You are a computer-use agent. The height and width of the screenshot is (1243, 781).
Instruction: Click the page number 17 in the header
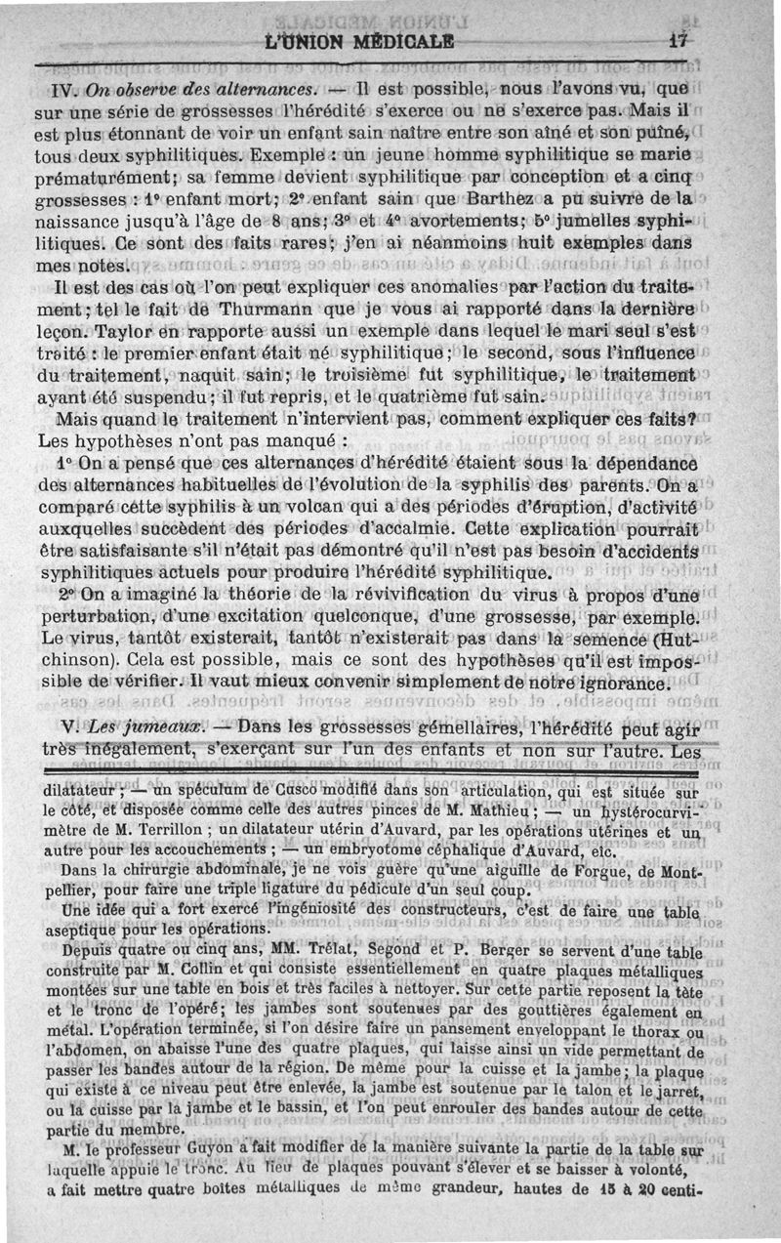[x=679, y=41]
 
